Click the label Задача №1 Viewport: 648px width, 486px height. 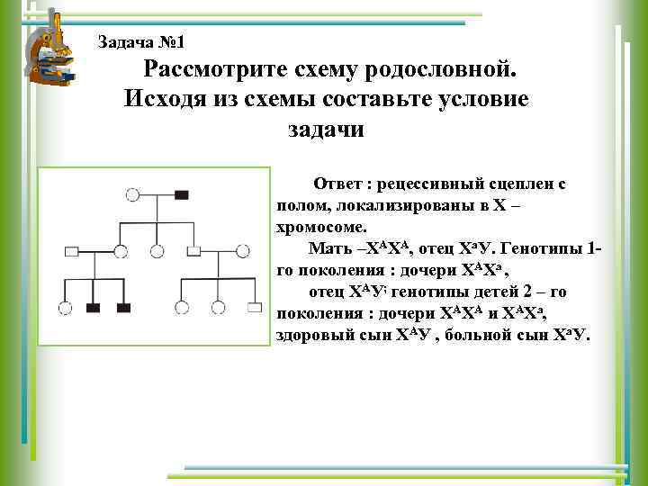(x=139, y=41)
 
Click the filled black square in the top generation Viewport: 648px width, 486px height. (x=182, y=194)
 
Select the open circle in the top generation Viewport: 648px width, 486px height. (x=133, y=194)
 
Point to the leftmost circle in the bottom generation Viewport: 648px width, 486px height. (x=65, y=308)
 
